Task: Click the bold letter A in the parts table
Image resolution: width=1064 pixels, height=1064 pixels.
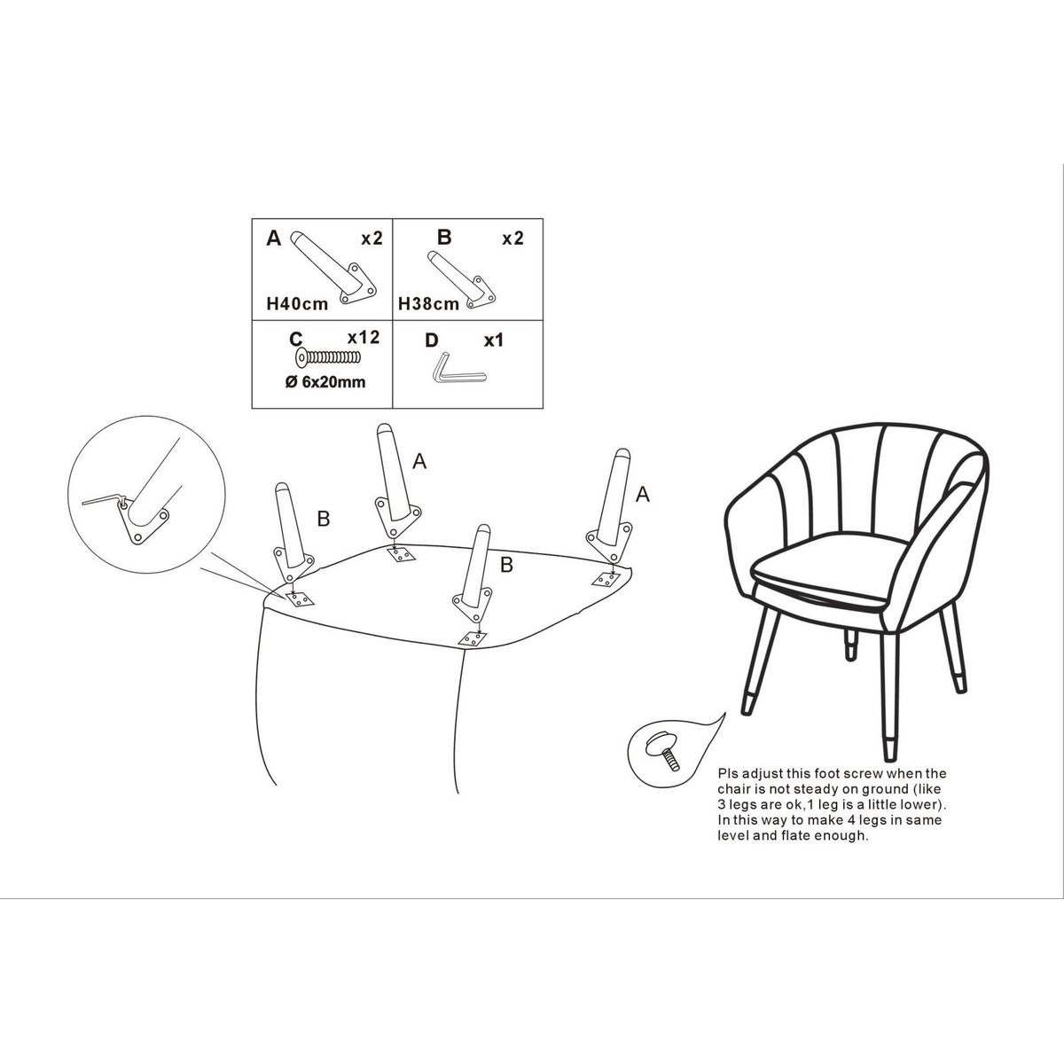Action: pos(274,238)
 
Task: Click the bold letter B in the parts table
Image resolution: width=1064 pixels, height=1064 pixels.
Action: pos(444,237)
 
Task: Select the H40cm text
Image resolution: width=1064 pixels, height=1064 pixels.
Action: pos(297,304)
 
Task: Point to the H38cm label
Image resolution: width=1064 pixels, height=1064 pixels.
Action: pos(428,304)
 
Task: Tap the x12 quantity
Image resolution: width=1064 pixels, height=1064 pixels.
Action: pos(364,337)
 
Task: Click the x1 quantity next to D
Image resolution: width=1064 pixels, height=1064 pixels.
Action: pos(494,340)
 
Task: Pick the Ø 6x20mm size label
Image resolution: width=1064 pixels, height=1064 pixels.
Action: pos(325,382)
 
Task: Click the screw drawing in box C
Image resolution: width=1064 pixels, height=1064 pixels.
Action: pos(328,358)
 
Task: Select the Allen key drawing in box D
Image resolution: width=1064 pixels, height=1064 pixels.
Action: pos(458,371)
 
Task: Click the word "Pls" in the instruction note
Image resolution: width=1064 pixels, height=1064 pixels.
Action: pos(729,773)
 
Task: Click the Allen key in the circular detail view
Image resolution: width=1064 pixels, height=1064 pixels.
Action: pos(105,501)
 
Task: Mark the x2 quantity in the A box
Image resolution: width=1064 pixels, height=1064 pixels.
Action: pos(372,238)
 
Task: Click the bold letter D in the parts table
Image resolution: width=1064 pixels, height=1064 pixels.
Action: pos(431,340)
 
